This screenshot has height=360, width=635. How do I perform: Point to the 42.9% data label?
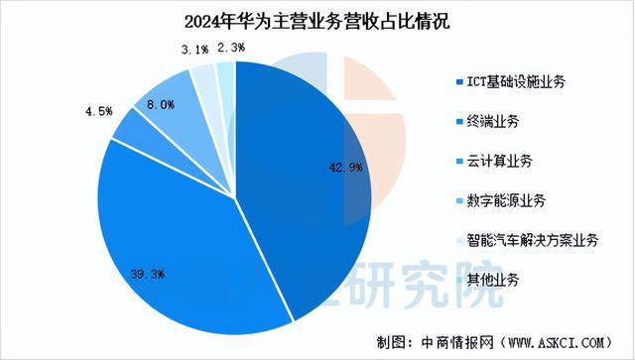click(x=338, y=168)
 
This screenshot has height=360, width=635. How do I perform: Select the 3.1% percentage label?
click(x=194, y=47)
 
